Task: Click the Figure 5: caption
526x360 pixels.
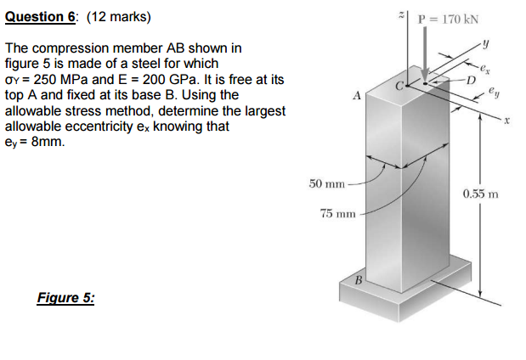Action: (x=66, y=298)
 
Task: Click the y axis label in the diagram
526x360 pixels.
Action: (x=487, y=45)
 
